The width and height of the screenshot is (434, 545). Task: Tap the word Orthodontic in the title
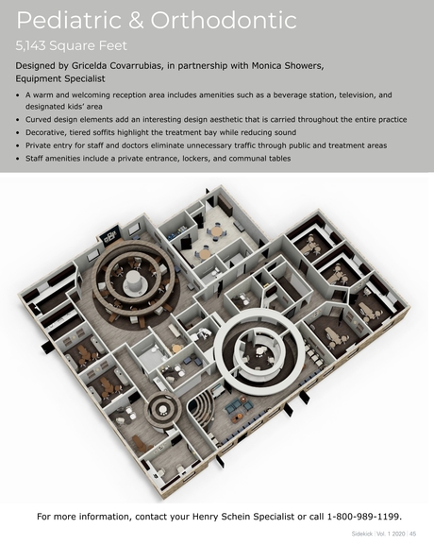point(224,20)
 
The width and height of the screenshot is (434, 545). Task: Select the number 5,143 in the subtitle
point(30,46)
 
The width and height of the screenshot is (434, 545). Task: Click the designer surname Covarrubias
point(136,66)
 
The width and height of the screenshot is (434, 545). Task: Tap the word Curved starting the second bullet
point(38,120)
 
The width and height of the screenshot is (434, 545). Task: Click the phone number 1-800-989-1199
point(363,517)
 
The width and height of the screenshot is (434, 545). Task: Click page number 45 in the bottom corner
point(413,534)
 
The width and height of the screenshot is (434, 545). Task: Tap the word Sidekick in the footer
point(360,534)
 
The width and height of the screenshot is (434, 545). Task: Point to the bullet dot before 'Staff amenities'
point(18,159)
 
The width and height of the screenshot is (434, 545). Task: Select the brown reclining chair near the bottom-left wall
point(140,443)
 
